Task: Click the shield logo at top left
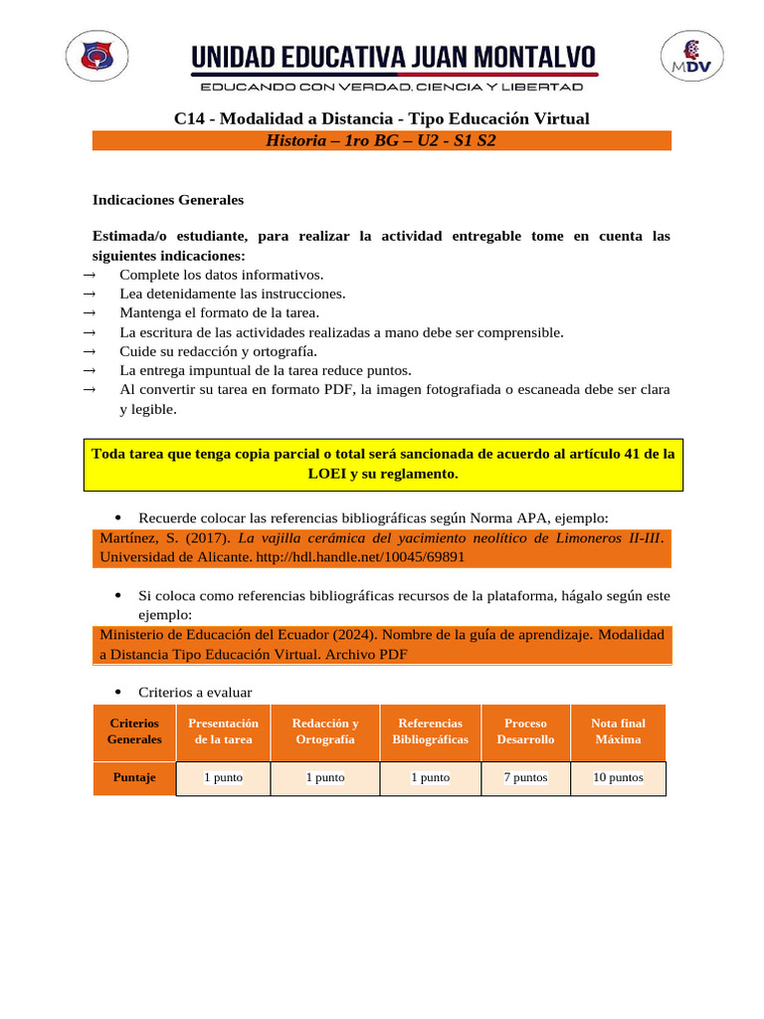[x=95, y=57]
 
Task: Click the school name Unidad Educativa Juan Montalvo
[x=394, y=57]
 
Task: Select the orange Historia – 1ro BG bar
[x=382, y=140]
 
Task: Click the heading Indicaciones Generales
[x=168, y=200]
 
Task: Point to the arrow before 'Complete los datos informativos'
[x=89, y=275]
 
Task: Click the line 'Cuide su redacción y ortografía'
[x=218, y=351]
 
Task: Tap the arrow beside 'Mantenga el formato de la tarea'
[x=89, y=313]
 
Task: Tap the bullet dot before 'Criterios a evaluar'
[x=118, y=692]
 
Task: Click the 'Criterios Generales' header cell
[x=134, y=731]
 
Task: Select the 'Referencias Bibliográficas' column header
[x=430, y=731]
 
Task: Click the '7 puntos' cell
[x=525, y=778]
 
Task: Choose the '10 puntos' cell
[x=618, y=778]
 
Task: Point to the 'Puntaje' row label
[x=134, y=778]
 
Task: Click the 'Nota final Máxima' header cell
[x=618, y=731]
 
